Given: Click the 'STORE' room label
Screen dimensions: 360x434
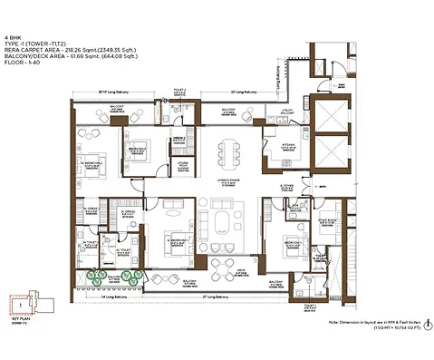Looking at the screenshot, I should pyautogui.click(x=183, y=165).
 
